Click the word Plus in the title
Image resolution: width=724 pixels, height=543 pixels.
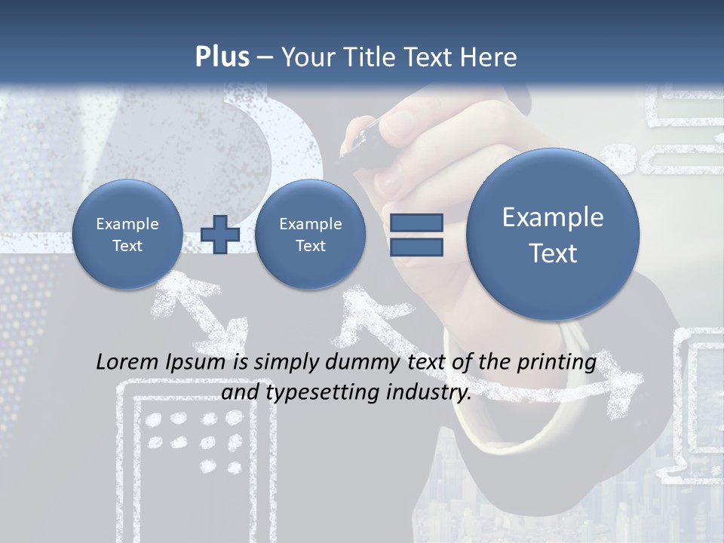pos(222,57)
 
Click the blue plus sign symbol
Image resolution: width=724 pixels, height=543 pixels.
pos(220,234)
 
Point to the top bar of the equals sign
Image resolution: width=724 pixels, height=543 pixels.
pos(416,222)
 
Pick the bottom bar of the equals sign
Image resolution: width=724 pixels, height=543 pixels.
pos(416,247)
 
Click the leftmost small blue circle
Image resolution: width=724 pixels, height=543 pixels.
pos(127,235)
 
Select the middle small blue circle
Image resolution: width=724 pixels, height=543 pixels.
pos(310,235)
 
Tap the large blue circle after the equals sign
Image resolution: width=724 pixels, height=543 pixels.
pos(553,234)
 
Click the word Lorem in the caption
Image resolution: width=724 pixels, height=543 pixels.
pos(126,362)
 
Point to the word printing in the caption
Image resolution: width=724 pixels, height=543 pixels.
pos(556,363)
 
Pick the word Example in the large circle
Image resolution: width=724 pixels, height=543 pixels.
pos(553,217)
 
